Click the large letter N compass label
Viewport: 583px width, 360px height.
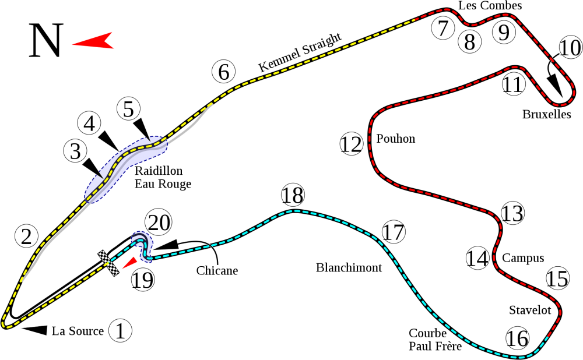[45, 41]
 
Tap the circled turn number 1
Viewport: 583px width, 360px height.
[121, 330]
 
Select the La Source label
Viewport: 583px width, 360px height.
[78, 331]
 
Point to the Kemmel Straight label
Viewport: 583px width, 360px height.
[300, 52]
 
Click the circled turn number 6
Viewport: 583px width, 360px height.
[223, 72]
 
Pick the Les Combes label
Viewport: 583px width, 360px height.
[490, 6]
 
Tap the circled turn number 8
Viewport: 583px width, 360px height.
[470, 41]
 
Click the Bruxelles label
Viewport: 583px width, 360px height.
[547, 114]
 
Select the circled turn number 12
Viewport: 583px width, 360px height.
[352, 144]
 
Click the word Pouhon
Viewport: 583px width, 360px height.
[396, 139]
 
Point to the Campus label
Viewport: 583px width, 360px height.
[523, 258]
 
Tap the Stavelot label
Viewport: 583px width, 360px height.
[530, 310]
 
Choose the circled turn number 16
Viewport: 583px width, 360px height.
[517, 338]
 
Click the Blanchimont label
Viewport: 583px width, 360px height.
[349, 267]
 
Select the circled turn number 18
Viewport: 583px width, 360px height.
[293, 195]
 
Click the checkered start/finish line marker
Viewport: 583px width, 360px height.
[108, 263]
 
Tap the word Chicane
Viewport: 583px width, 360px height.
[217, 270]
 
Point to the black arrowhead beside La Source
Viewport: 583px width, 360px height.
[34, 330]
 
